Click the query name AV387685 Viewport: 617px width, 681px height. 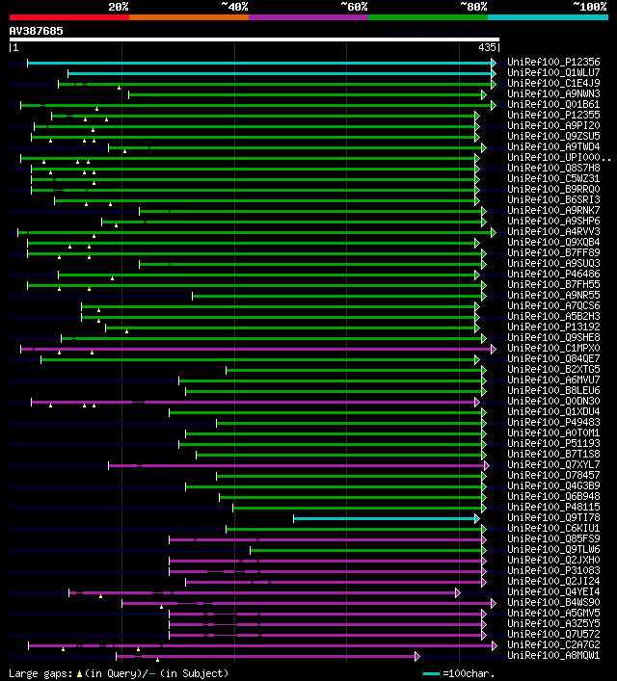tap(37, 31)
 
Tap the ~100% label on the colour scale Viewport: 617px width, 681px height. tap(589, 7)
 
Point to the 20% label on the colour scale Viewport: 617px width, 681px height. tap(119, 7)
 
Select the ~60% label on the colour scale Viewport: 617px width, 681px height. tap(354, 7)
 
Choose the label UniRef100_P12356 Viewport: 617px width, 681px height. tap(553, 62)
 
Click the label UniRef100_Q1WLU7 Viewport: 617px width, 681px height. tap(553, 72)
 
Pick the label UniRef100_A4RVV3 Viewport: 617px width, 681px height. tap(553, 231)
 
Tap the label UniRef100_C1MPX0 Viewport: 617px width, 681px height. tap(553, 348)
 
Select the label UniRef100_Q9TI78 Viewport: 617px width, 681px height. tap(553, 517)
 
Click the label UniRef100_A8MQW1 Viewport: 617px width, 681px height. tap(553, 655)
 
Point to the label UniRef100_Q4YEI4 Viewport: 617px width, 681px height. tap(553, 591)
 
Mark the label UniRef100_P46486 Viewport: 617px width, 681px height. tap(553, 274)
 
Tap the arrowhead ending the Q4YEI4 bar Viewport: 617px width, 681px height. tap(458, 592)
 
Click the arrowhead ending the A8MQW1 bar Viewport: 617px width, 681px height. tap(417, 656)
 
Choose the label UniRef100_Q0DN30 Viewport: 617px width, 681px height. tap(553, 401)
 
